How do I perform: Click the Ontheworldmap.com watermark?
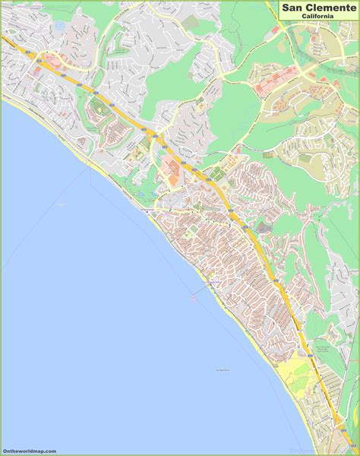30,451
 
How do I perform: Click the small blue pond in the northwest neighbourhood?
59,25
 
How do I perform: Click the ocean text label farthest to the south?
222,370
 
